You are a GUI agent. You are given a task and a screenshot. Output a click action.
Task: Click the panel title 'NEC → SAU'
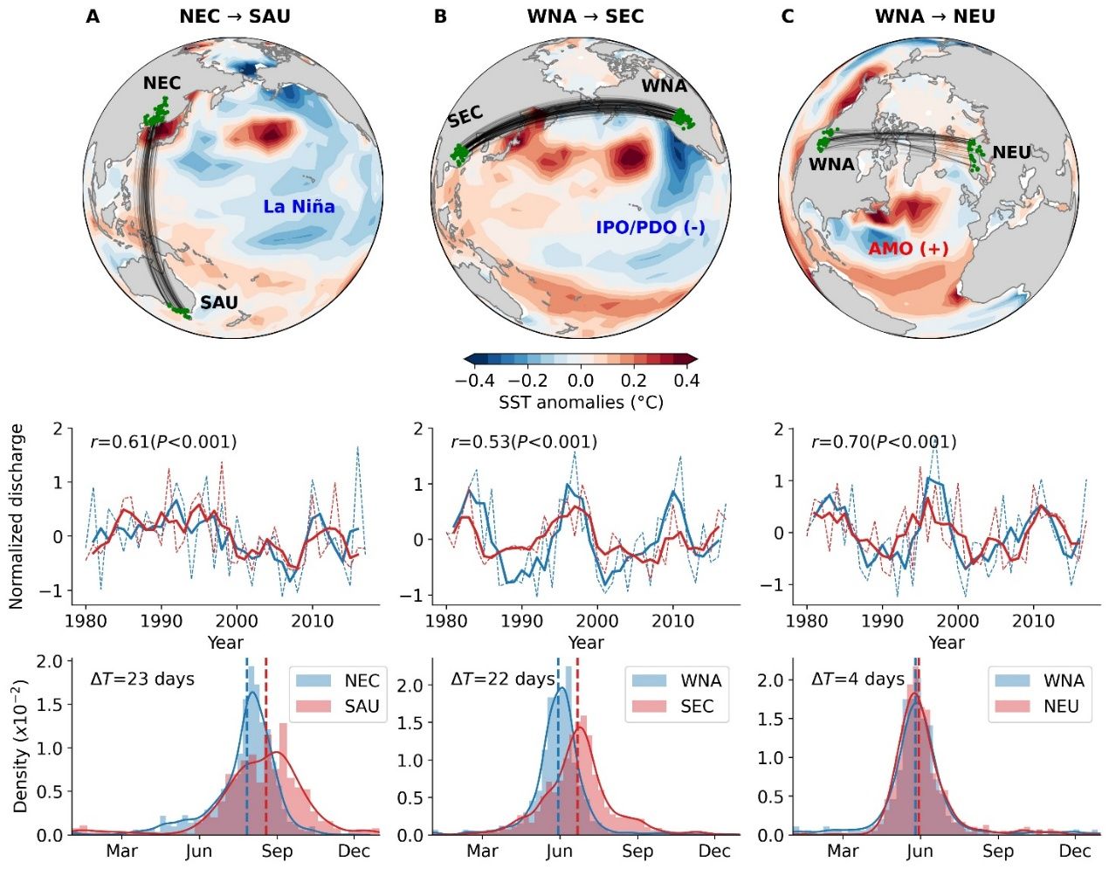pos(235,17)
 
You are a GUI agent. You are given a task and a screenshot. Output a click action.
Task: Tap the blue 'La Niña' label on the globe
pos(299,207)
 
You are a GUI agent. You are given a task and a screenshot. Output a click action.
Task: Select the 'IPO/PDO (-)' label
pos(650,228)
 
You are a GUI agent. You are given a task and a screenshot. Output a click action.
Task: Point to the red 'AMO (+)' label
pos(907,249)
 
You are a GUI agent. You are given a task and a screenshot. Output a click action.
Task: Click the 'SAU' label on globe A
pos(218,303)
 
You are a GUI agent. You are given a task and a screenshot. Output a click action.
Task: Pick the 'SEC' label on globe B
pos(465,117)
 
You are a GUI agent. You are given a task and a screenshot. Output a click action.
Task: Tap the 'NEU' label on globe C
pos(1011,153)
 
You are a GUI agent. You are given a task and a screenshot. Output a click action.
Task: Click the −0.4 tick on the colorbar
pos(474,381)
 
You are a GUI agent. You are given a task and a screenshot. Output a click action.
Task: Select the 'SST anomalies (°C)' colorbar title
pos(581,403)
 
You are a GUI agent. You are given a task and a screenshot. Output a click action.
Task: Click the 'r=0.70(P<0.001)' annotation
pos(884,442)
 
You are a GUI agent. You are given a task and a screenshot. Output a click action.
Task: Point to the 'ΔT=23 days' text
pos(142,679)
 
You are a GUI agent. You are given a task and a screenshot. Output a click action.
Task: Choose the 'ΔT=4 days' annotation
pos(858,679)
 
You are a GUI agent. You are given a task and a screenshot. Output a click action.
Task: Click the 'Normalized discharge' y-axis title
pos(17,516)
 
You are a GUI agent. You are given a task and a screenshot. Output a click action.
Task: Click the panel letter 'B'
pos(440,17)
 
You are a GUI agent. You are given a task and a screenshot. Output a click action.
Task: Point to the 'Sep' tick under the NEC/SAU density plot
pos(277,852)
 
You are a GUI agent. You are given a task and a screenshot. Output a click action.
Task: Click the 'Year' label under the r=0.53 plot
pos(585,643)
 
